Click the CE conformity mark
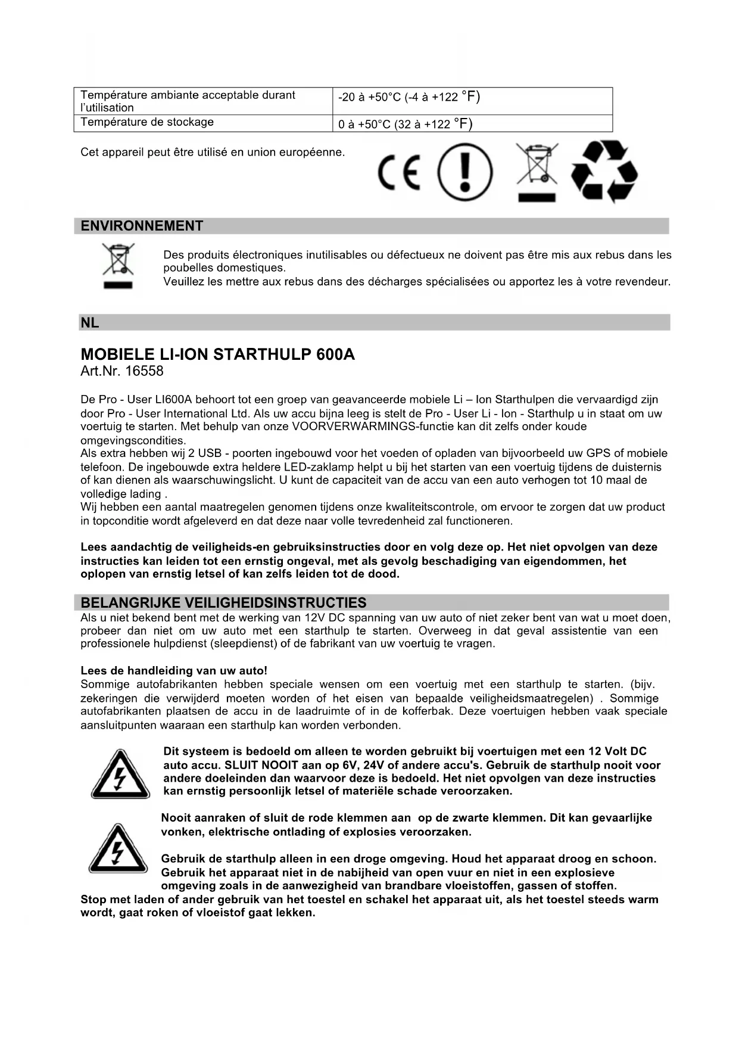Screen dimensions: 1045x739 (x=399, y=172)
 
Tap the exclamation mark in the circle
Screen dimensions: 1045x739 (x=465, y=172)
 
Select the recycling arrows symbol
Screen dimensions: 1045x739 (x=604, y=172)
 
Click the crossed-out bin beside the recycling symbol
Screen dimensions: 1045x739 (x=537, y=172)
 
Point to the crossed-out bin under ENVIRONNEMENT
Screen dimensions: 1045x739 (x=119, y=265)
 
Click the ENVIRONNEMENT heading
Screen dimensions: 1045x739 (x=142, y=226)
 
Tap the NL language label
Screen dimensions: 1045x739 (x=90, y=323)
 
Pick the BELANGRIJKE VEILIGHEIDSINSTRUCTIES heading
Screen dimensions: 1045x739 (x=223, y=602)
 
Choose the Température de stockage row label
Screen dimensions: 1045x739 (x=147, y=122)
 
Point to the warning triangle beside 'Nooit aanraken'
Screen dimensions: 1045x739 (x=118, y=848)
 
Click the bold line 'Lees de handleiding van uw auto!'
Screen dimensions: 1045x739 (x=174, y=671)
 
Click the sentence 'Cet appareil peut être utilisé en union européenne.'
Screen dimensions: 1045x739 (x=213, y=152)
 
